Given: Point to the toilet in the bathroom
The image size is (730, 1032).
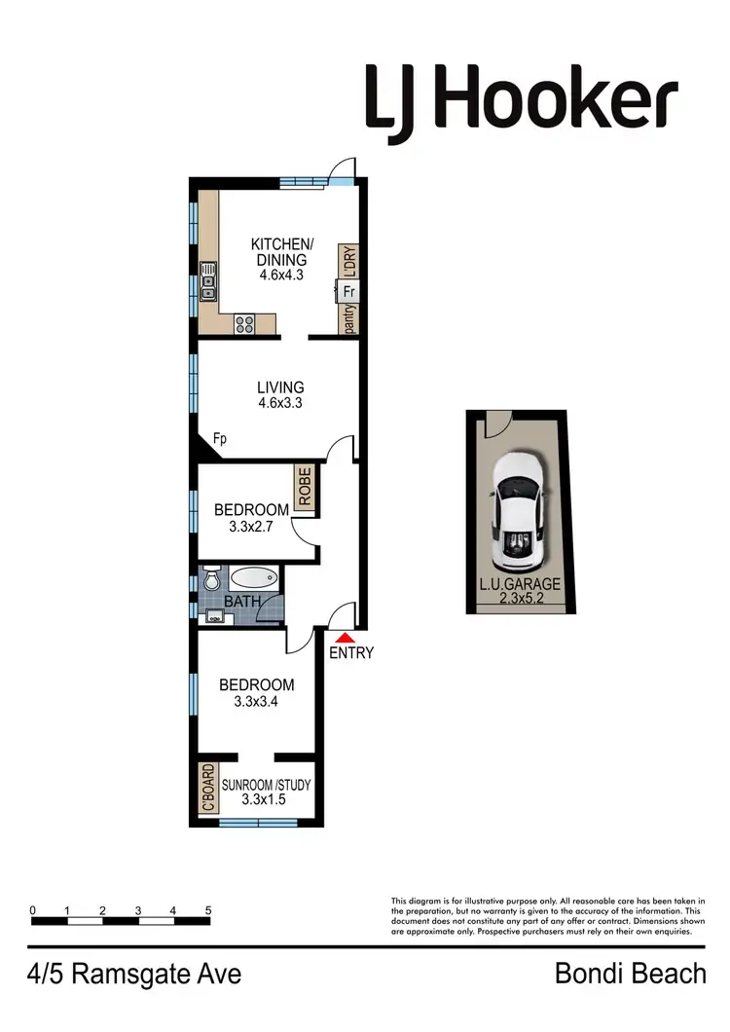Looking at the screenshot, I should tap(210, 579).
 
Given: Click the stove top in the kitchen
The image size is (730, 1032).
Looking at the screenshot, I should tap(244, 325).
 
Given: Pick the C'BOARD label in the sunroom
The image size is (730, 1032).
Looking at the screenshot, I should tap(206, 790).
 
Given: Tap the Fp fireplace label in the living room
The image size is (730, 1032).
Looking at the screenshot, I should tap(220, 439).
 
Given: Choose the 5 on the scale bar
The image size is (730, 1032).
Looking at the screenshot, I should tap(208, 910).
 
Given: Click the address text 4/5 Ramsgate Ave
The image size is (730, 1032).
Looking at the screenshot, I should tap(135, 973).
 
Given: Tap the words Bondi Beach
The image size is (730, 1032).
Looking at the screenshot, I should tap(630, 973).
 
